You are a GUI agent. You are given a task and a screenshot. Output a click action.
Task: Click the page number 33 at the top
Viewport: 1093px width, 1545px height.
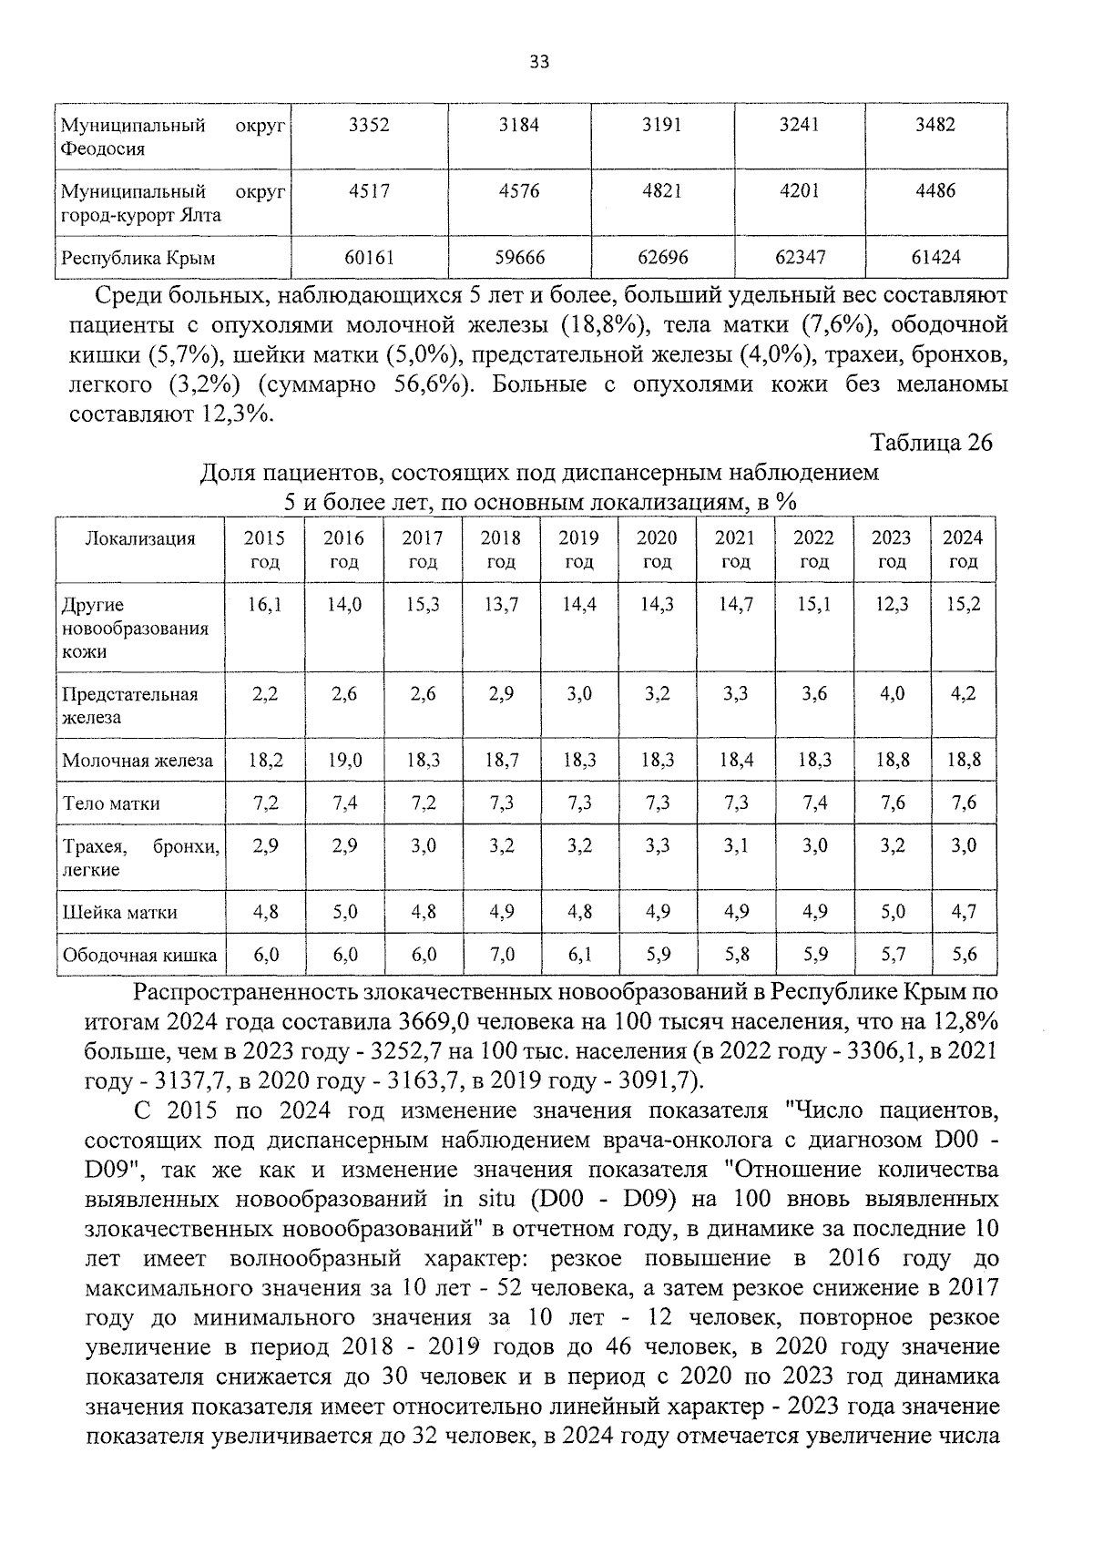pyautogui.click(x=538, y=62)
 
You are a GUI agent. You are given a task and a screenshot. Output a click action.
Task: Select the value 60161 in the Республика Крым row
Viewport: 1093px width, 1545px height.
pyautogui.click(x=369, y=258)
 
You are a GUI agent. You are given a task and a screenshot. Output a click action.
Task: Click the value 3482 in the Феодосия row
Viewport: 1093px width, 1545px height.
pyautogui.click(x=935, y=125)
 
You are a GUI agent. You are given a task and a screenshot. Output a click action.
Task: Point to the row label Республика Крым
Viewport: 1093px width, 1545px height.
pyautogui.click(x=138, y=258)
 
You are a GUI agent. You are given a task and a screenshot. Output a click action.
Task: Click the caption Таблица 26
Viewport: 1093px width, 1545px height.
pyautogui.click(x=931, y=443)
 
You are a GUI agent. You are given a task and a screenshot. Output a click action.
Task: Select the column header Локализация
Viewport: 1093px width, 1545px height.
pyautogui.click(x=139, y=538)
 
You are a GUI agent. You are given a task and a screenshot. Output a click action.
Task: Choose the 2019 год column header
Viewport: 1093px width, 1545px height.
pyautogui.click(x=578, y=549)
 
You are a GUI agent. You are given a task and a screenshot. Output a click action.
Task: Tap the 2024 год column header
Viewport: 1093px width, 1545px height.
pyautogui.click(x=962, y=549)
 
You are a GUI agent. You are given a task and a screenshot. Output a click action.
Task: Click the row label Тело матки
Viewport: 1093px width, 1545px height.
pyautogui.click(x=111, y=803)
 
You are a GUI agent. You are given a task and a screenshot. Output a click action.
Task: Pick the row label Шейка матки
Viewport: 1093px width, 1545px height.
pyautogui.click(x=118, y=913)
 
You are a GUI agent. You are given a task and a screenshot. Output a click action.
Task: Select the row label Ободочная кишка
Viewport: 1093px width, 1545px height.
pyautogui.click(x=139, y=956)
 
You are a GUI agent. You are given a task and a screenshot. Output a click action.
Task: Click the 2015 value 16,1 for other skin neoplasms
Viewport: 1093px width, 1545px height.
pyautogui.click(x=264, y=605)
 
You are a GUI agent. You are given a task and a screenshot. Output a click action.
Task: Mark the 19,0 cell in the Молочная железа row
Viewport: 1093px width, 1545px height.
pyautogui.click(x=343, y=760)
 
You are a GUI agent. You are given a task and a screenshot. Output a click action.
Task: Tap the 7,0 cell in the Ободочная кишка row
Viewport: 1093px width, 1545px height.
pyautogui.click(x=501, y=955)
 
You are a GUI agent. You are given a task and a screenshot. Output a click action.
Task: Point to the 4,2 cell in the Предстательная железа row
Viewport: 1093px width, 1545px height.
pyautogui.click(x=963, y=694)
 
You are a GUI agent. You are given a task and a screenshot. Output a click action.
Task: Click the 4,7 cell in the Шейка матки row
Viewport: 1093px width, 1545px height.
pyautogui.click(x=963, y=912)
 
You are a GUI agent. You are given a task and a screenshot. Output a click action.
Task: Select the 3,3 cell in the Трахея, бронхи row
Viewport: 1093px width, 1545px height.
pyautogui.click(x=657, y=846)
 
